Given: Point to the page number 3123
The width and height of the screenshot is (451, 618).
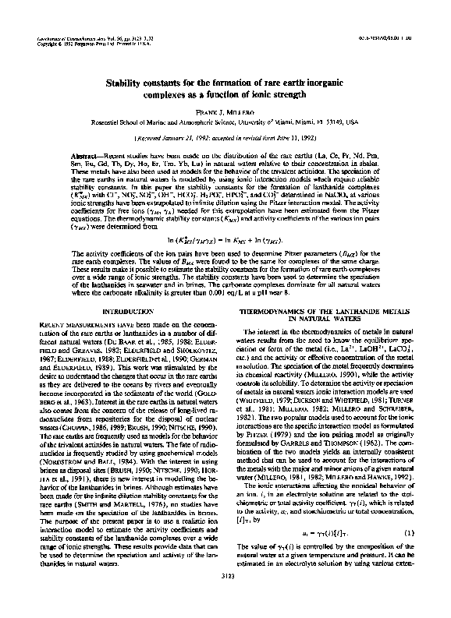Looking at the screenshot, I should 226,598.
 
